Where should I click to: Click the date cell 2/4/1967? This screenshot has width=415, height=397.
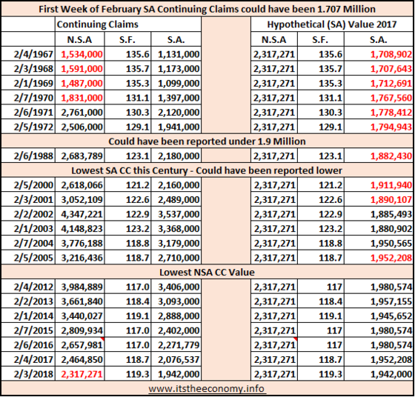click(33, 55)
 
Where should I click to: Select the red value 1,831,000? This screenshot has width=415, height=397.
click(82, 98)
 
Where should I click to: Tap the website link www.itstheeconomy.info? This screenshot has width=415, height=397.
click(207, 389)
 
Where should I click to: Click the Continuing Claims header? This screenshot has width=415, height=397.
click(97, 24)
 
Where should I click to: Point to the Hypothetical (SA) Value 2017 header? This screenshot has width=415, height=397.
click(332, 24)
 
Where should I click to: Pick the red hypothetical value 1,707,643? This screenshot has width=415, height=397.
click(391, 69)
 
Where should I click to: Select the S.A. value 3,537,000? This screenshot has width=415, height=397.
click(179, 214)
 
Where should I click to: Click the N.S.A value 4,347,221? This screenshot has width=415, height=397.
click(82, 214)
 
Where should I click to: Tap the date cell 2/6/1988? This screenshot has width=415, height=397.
click(33, 156)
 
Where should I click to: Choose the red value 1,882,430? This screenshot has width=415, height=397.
click(391, 156)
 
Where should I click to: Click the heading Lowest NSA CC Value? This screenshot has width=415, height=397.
click(207, 272)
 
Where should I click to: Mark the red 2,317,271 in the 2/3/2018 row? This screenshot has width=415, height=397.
click(82, 374)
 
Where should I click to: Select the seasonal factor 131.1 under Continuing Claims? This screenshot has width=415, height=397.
click(138, 98)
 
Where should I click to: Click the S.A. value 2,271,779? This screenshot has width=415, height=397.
click(179, 345)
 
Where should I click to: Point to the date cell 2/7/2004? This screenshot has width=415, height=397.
click(33, 244)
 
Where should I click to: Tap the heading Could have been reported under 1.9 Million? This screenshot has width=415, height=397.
click(207, 141)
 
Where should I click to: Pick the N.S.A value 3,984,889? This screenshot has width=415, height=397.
click(82, 287)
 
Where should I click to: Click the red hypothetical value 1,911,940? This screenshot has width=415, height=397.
click(391, 185)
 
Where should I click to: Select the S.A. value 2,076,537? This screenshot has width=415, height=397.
click(179, 360)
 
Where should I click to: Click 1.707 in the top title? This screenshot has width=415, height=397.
click(328, 9)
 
